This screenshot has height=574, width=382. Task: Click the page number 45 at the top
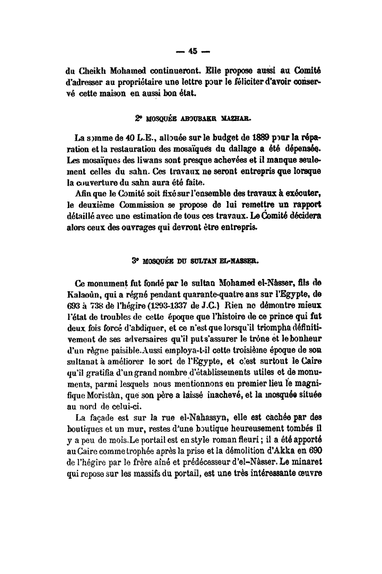[x=192, y=51]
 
